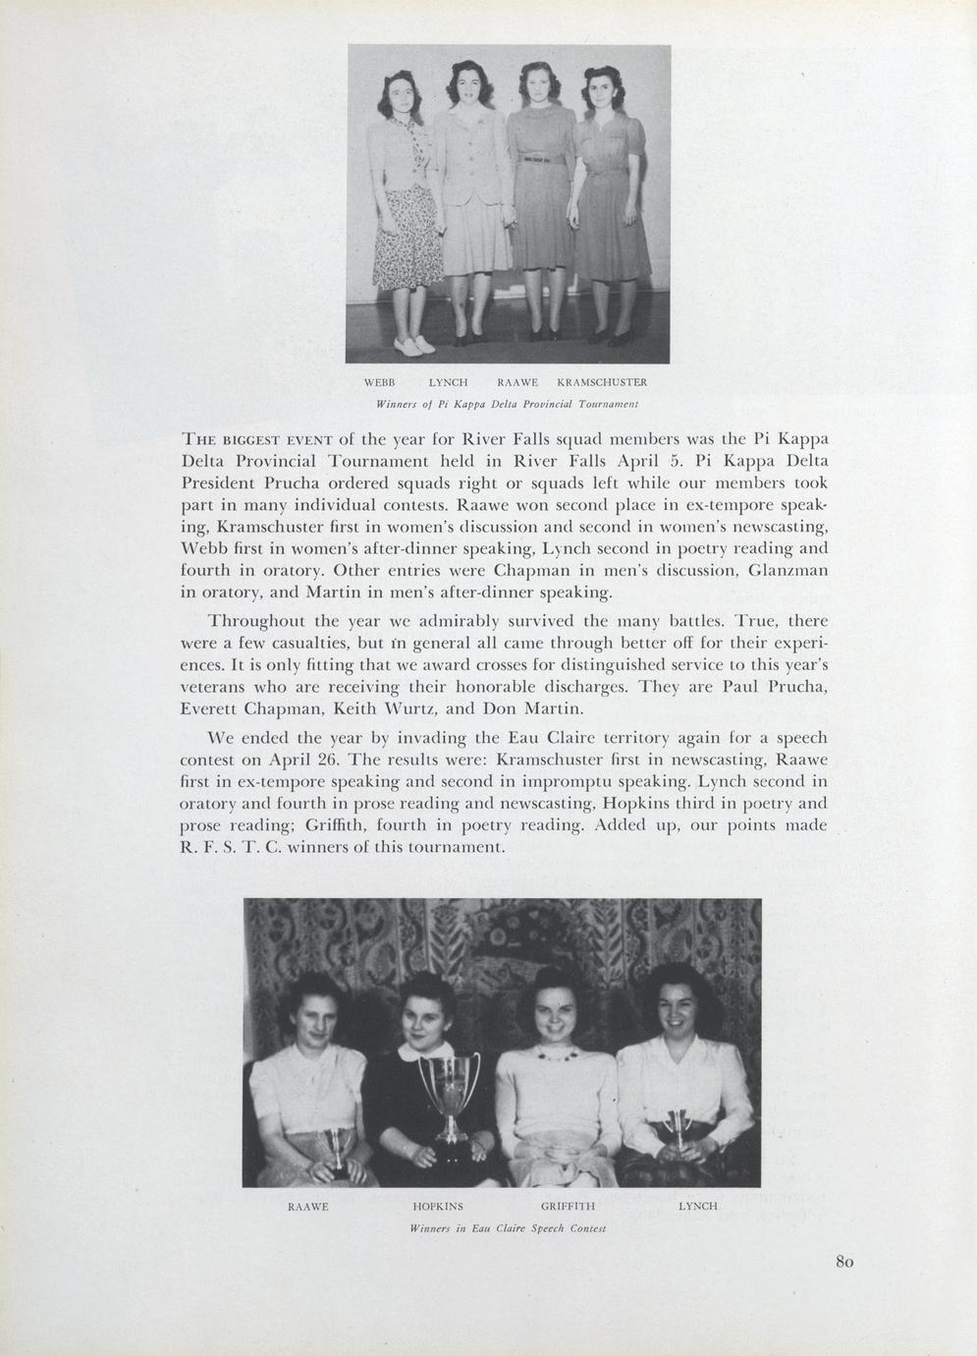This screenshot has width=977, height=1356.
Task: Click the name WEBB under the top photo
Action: (x=379, y=381)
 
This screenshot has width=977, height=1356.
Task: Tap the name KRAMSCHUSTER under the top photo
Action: (x=601, y=381)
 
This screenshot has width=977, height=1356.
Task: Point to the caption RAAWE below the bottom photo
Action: (x=306, y=1205)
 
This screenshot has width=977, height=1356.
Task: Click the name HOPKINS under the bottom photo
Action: (x=438, y=1205)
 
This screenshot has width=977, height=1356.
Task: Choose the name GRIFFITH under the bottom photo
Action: (x=569, y=1205)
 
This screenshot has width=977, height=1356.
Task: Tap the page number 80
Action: (x=845, y=1262)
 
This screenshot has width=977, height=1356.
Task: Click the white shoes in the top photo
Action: (x=414, y=345)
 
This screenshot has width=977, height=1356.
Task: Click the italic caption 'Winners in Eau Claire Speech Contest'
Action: (x=508, y=1228)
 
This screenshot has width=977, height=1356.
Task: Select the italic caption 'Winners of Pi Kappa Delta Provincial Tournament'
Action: (x=508, y=404)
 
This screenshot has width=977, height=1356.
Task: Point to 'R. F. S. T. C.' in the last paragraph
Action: (x=231, y=847)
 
